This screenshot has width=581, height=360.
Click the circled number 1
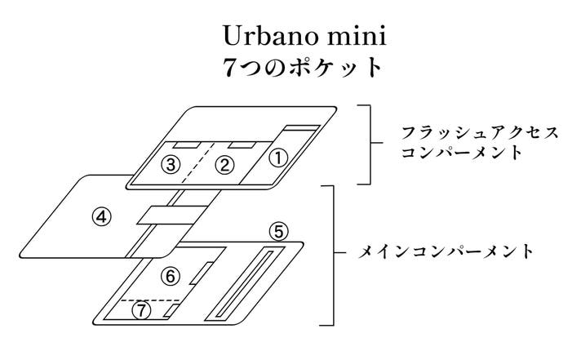278,158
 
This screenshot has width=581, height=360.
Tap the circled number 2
224,165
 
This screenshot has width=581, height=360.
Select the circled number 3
171,164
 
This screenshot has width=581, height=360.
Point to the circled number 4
101,216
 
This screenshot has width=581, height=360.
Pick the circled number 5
278,231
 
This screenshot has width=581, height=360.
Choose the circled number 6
171,276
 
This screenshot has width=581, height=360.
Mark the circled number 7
141,310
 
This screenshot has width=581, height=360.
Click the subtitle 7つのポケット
303,69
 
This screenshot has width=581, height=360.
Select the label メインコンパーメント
446,251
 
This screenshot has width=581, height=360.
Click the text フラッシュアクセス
480,133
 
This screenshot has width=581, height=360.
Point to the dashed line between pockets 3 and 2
198,162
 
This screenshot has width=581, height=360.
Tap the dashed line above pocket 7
151,300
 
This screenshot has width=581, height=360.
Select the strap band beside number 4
172,215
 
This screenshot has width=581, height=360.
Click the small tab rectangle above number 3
187,145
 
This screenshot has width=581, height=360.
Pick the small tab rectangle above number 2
241,145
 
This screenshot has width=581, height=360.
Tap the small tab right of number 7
171,311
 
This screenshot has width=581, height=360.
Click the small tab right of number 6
202,273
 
